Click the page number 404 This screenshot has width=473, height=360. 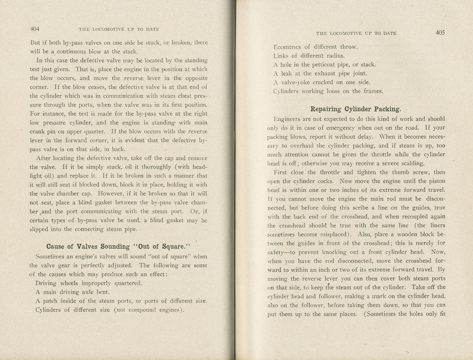click(x=35, y=29)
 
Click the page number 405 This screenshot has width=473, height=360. click(x=440, y=33)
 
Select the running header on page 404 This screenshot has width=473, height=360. click(x=119, y=29)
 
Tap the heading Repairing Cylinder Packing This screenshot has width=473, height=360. click(x=355, y=109)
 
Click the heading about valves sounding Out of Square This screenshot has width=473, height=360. click(x=118, y=246)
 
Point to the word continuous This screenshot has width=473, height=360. click(x=72, y=51)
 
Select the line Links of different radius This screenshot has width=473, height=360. click(x=309, y=56)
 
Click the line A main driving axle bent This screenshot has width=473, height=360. click(x=72, y=292)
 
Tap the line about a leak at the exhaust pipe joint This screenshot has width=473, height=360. click(x=320, y=73)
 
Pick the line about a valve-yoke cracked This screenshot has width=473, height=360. click(x=322, y=82)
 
